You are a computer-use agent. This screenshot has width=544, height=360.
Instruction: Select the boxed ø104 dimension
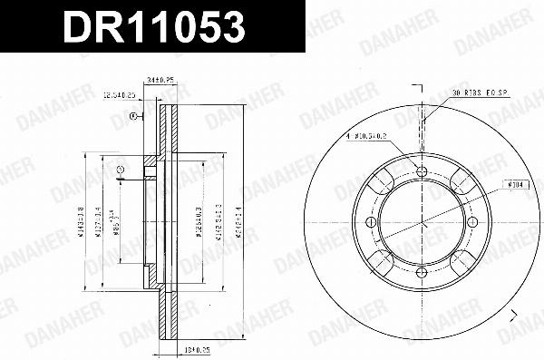click(517, 184)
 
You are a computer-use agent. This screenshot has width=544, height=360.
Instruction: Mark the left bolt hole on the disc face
click(372, 222)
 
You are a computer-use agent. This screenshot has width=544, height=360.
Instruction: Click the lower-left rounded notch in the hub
click(381, 261)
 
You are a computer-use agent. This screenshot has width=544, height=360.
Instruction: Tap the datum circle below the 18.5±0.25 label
click(133, 115)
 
